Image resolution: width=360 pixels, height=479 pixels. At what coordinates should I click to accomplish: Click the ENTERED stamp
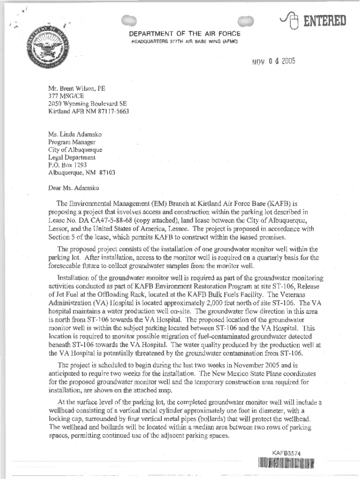[x=323, y=21]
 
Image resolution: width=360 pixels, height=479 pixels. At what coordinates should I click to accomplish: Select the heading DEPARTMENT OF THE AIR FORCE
[x=185, y=34]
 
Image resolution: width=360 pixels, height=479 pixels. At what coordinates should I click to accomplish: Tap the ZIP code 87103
[x=106, y=172]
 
